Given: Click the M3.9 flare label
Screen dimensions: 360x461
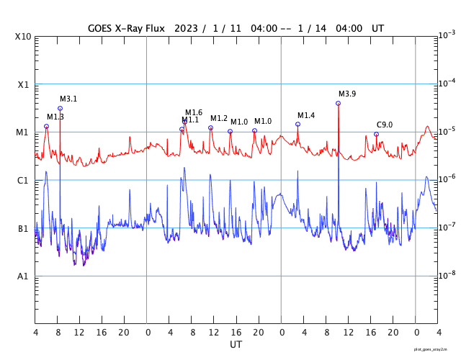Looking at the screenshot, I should tap(347, 94).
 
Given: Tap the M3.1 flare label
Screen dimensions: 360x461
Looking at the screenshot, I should tap(68, 99).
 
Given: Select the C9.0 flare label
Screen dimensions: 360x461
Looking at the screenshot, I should tap(385, 125).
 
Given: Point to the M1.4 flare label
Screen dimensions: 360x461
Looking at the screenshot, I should tap(306, 116).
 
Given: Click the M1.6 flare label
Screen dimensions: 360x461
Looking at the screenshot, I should tap(194, 112).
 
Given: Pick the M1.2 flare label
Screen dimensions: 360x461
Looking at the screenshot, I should tap(219, 119).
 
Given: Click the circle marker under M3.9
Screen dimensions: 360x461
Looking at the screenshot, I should tap(339, 104).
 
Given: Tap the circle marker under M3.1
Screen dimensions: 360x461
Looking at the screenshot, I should tap(60, 109).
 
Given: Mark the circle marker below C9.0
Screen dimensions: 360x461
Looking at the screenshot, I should tap(376, 134).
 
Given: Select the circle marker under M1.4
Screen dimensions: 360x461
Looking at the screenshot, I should tap(297, 125).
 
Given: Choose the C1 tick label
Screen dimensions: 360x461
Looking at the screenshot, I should tap(23, 181).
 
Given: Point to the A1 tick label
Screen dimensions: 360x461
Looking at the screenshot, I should tap(23, 276).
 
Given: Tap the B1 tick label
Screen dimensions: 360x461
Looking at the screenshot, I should tap(23, 229).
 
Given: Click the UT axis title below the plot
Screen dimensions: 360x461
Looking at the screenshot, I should tap(236, 345).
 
